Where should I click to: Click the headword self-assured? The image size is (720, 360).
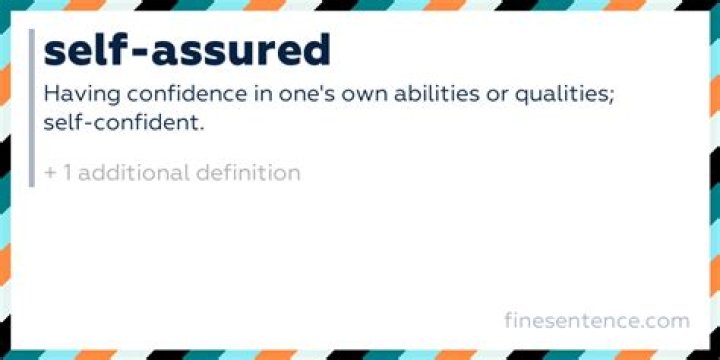(x=187, y=50)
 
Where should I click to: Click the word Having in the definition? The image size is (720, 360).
(x=82, y=96)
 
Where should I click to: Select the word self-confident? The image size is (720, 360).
(x=121, y=123)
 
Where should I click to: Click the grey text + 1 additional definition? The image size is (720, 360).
(x=173, y=173)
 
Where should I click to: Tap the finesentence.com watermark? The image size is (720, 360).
(x=597, y=320)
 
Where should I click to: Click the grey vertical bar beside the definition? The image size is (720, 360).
(x=31, y=107)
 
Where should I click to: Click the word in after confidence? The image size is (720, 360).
(x=261, y=95)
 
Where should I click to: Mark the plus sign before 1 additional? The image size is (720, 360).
(x=50, y=174)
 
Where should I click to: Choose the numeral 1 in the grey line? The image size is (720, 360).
(x=67, y=173)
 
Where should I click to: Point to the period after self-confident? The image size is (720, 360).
(x=201, y=130)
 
